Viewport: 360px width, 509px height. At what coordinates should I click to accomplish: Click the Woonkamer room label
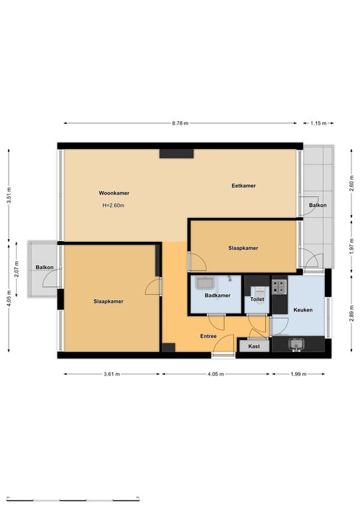point(114,193)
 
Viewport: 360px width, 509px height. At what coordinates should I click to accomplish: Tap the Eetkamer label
point(243,186)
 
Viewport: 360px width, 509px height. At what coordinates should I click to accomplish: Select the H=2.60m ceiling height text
point(113,205)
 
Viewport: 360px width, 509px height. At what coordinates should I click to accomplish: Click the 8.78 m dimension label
point(180,123)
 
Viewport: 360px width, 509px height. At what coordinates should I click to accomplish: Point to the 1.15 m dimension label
point(318,123)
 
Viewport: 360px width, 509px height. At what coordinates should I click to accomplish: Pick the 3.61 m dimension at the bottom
point(111,374)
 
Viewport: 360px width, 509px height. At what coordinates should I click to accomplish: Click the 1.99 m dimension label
point(298,374)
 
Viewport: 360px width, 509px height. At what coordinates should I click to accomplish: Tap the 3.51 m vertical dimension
point(9,196)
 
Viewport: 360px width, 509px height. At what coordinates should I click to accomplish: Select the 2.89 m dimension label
point(351,313)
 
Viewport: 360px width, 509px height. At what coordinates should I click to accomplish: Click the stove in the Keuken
point(279,286)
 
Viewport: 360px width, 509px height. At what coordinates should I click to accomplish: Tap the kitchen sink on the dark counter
point(296,345)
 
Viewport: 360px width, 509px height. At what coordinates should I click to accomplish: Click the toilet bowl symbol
point(260,294)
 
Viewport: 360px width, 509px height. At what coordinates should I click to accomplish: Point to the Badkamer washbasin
point(205,283)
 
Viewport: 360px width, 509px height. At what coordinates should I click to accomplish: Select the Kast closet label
point(254,347)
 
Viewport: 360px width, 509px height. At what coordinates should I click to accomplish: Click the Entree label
point(208,336)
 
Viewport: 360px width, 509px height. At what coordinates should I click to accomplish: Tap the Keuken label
point(303,310)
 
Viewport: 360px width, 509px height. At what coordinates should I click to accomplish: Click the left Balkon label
point(44,267)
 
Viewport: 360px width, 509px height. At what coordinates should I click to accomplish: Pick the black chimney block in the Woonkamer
point(176,154)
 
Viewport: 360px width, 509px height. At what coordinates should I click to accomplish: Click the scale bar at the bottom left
point(73,498)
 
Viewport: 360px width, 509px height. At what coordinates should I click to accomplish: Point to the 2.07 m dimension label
point(17,269)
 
